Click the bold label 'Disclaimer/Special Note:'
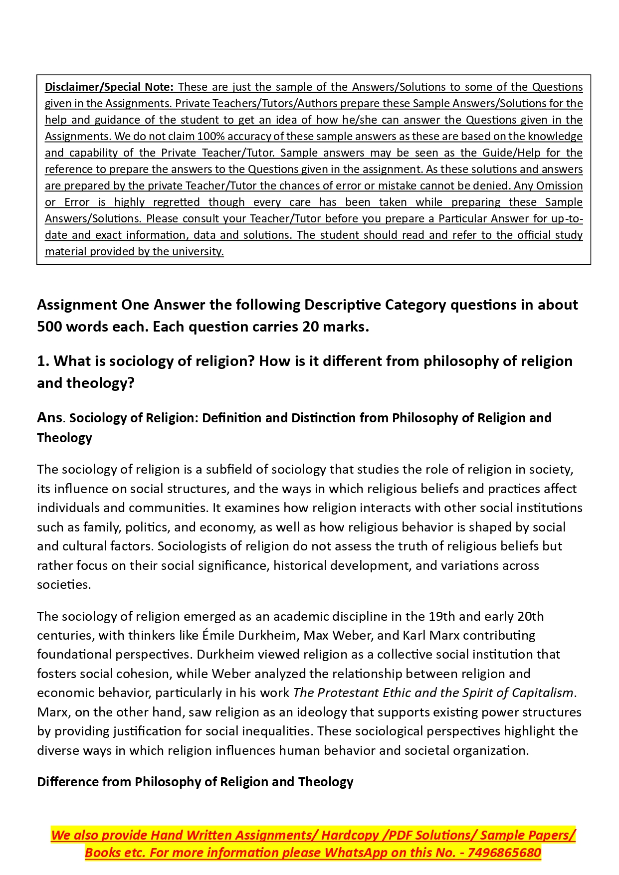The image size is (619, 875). click(x=109, y=87)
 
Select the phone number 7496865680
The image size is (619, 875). click(x=504, y=853)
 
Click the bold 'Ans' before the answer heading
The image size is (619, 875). click(x=49, y=417)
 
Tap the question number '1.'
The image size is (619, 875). click(x=43, y=361)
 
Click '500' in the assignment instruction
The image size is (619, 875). click(x=49, y=327)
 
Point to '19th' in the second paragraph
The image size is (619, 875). click(x=441, y=616)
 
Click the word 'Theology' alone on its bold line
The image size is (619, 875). click(x=64, y=438)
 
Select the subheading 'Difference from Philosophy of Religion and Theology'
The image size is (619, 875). click(x=195, y=781)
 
